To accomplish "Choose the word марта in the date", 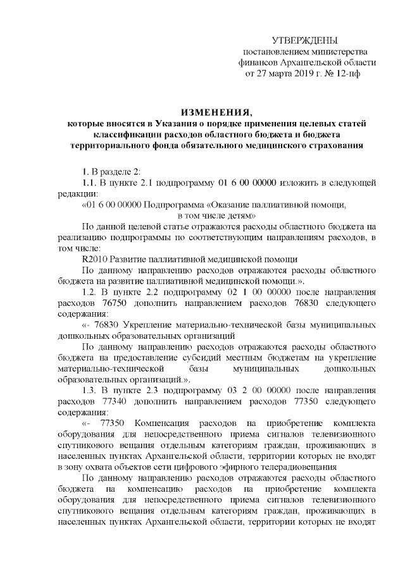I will [273, 74].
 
